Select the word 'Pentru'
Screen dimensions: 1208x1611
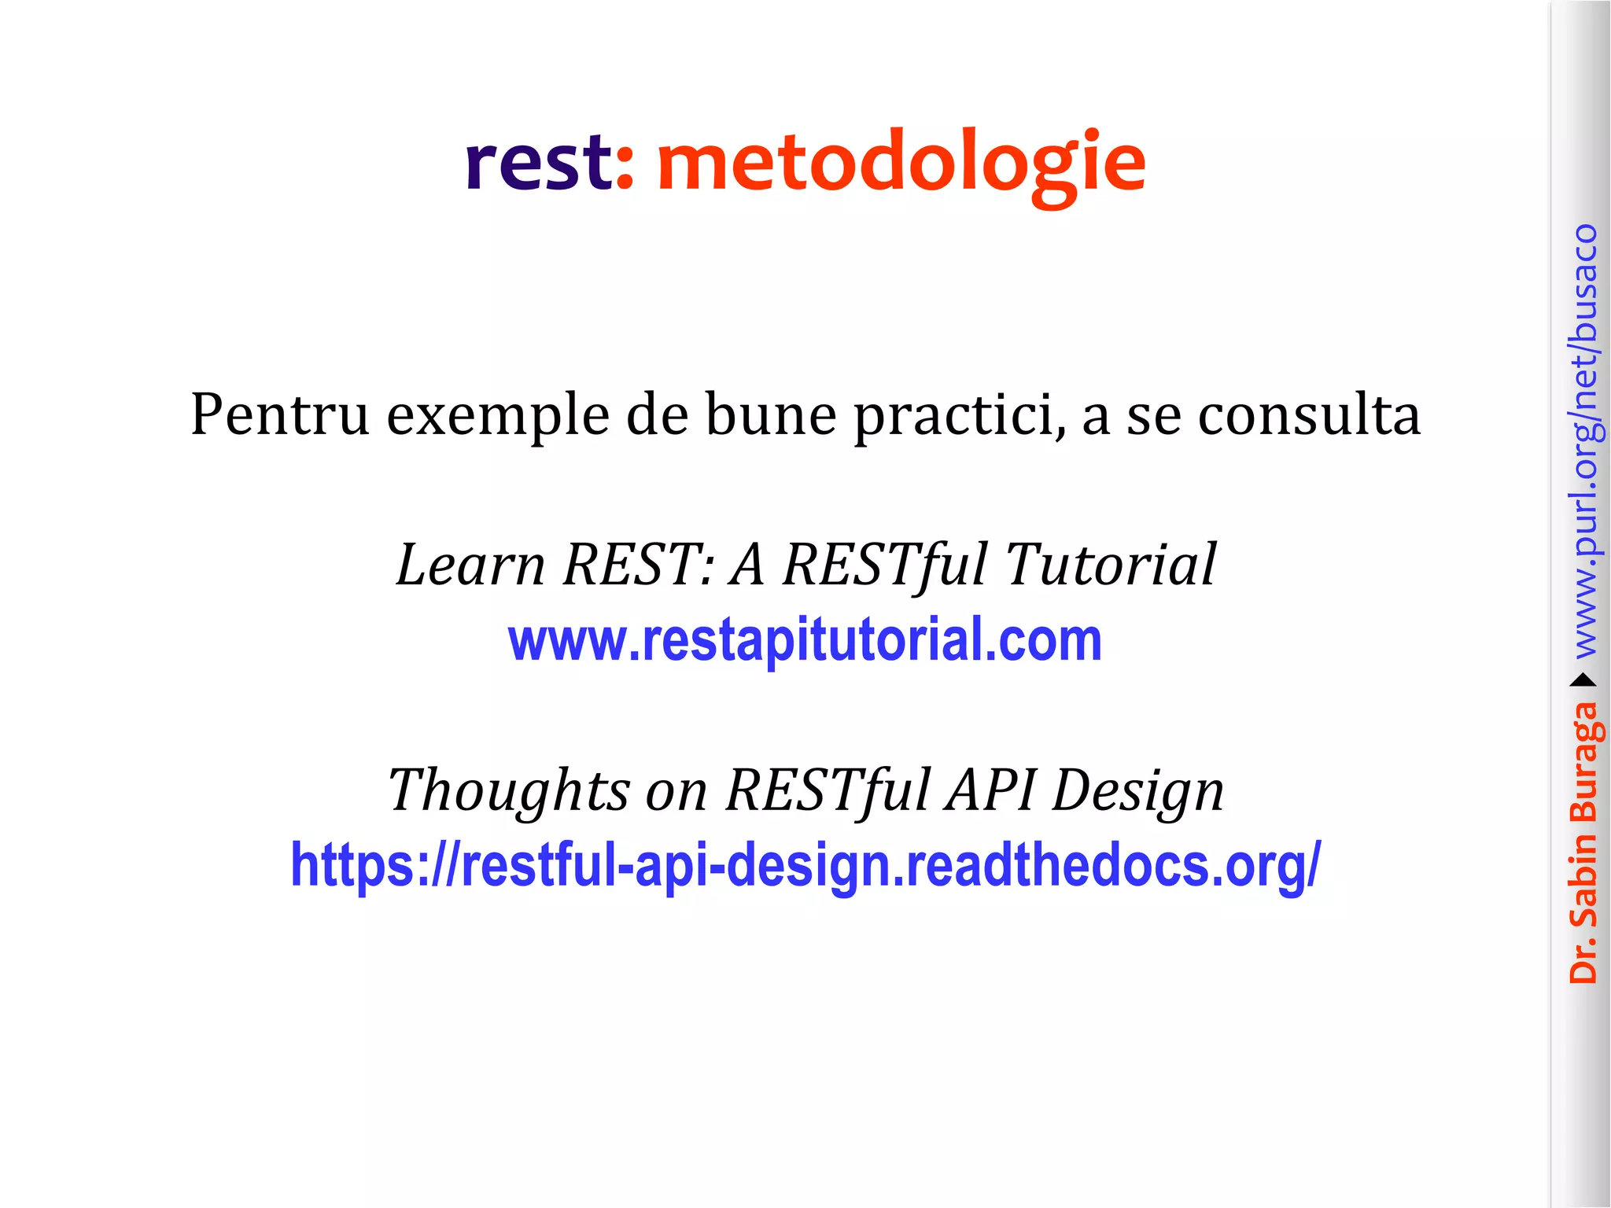pos(279,414)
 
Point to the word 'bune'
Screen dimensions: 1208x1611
pos(770,414)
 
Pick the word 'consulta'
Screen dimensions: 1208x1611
pos(1309,414)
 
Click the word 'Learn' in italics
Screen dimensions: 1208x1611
pos(470,565)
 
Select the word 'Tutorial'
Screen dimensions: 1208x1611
pos(1111,565)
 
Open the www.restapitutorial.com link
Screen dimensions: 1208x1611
pos(805,640)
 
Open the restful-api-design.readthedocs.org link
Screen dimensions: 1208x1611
pos(805,865)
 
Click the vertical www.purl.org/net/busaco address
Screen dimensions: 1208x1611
pos(1585,440)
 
